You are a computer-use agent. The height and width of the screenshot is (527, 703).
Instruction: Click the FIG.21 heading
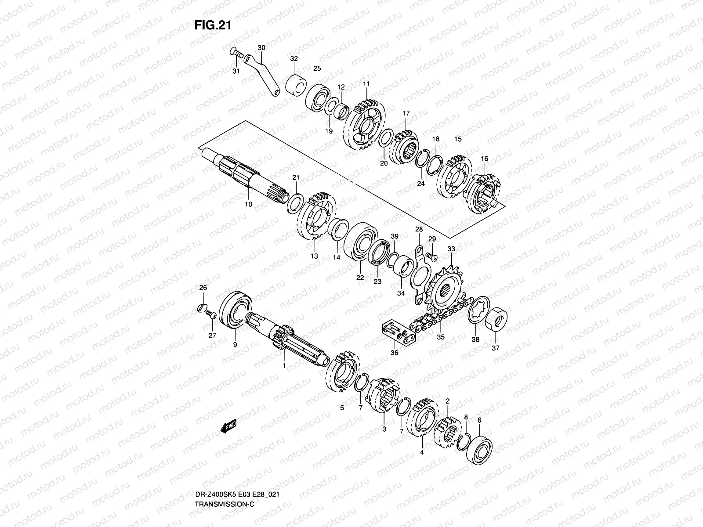point(213,25)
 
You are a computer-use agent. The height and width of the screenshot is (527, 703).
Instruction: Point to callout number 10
point(248,205)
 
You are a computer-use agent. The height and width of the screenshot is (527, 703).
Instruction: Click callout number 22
point(360,278)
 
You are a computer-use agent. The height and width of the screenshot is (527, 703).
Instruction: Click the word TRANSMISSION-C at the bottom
point(225,466)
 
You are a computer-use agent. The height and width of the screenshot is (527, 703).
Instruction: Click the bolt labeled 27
point(211,314)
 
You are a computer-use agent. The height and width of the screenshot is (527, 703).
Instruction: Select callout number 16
point(485,159)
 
